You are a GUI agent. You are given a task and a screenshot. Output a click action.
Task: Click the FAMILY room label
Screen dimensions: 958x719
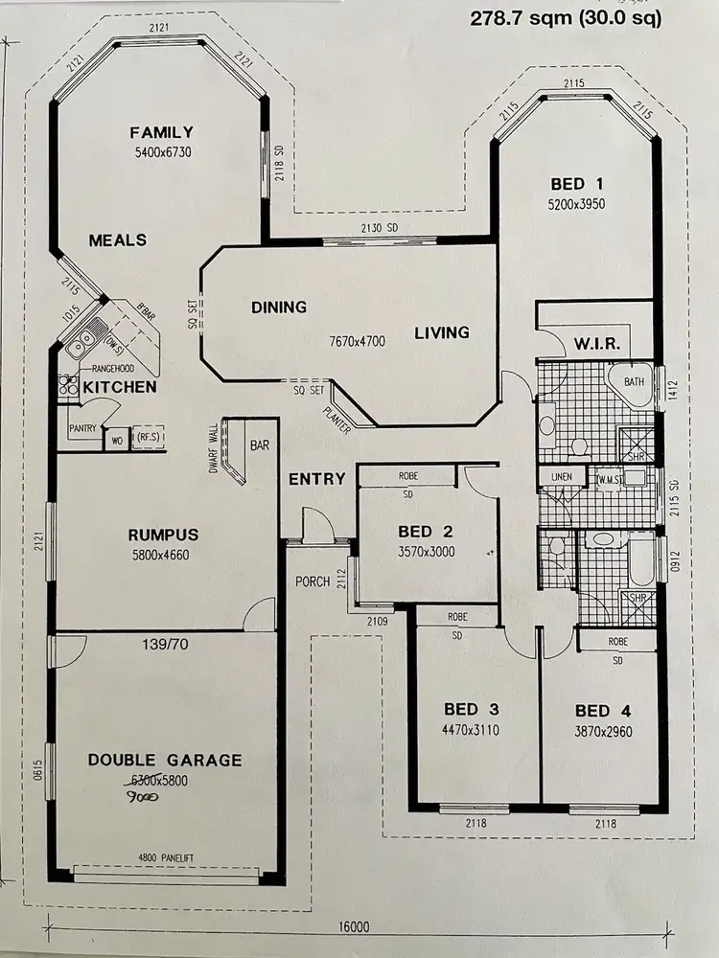[x=162, y=132]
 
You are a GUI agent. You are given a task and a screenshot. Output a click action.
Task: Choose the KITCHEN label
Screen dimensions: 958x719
[x=119, y=387]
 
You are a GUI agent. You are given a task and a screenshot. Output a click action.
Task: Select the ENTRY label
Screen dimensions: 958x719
[x=316, y=479]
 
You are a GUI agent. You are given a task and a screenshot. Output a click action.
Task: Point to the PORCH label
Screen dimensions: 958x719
[x=313, y=581]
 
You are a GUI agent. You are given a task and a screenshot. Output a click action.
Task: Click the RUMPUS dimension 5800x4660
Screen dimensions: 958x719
[x=162, y=554]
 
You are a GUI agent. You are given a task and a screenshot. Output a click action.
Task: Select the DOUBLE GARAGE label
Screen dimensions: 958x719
[x=165, y=760]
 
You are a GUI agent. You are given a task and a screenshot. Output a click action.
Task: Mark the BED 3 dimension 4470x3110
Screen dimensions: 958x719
[x=472, y=730]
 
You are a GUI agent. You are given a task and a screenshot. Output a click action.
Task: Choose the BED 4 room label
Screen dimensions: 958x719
[x=603, y=710]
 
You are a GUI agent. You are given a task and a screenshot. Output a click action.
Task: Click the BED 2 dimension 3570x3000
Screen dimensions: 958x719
[x=427, y=552]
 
